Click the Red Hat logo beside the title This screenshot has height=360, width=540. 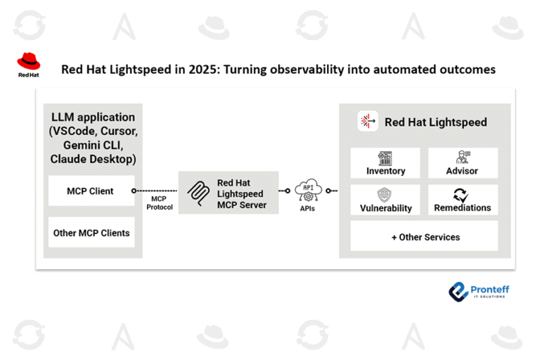point(29,65)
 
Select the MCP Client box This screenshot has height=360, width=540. point(91,191)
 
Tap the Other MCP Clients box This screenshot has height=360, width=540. point(91,233)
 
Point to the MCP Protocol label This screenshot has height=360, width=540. point(160,203)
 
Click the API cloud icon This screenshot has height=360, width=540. point(308,188)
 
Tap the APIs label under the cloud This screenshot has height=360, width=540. point(307,208)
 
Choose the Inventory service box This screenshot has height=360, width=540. point(385,163)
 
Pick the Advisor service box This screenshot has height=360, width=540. point(462,163)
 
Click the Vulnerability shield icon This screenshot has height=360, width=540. point(385,195)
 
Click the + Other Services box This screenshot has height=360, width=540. point(425,237)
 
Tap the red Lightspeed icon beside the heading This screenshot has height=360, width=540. point(368,122)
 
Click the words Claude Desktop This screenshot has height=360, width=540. point(93,159)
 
